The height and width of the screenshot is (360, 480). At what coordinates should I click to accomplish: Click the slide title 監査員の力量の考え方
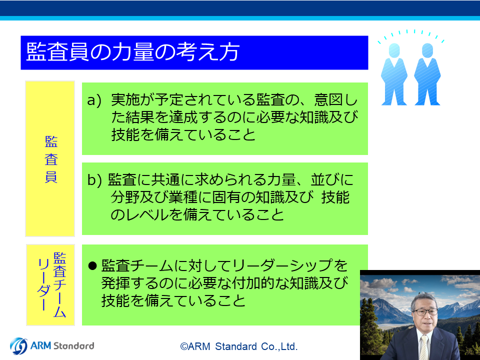[x=132, y=52]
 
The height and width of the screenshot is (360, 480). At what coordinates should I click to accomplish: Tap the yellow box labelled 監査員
[x=50, y=158]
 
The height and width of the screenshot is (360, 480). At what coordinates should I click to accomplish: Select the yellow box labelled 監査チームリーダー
[x=50, y=284]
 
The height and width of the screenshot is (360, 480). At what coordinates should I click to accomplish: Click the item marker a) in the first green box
[x=94, y=100]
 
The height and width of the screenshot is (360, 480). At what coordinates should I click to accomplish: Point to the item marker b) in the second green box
[x=94, y=179]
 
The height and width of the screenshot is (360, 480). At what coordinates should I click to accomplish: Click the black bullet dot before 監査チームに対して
[x=92, y=265]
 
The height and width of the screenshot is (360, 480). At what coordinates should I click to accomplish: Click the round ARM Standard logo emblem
[x=18, y=346]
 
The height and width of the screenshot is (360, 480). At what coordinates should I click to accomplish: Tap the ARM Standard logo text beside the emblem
[x=62, y=346]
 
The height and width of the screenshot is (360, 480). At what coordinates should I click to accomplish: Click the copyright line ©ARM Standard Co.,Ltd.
[x=239, y=346]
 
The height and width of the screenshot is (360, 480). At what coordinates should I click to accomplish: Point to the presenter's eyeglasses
[x=425, y=312]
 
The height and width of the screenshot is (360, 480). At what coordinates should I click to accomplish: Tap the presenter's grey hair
[x=423, y=299]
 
